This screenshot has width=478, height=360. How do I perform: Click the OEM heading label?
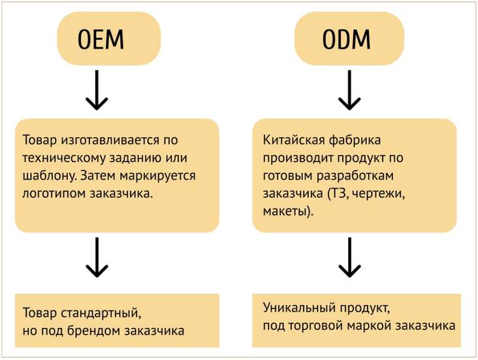coord(101,39)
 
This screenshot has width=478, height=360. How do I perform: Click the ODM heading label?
coord(347,39)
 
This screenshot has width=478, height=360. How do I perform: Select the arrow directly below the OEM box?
coord(97,90)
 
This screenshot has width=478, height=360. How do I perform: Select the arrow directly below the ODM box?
coord(349,90)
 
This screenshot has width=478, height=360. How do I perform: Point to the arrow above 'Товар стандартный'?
coord(97,257)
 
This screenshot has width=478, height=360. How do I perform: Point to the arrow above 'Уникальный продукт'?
coord(349,257)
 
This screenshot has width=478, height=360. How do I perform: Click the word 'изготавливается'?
coord(110,140)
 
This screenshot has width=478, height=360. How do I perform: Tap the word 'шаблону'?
coord(49,176)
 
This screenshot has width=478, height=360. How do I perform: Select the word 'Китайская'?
coord(294,140)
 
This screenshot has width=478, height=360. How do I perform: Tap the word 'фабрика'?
coord(355,140)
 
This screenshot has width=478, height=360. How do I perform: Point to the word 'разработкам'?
coord(355,176)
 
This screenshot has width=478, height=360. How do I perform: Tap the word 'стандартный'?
coord(101,313)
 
